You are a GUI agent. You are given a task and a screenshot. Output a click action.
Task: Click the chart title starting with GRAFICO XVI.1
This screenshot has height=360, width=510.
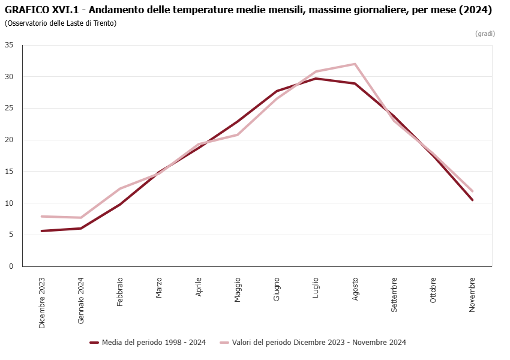pos(248,10)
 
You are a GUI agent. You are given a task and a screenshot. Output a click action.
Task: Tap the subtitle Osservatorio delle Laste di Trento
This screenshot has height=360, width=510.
pos(61,23)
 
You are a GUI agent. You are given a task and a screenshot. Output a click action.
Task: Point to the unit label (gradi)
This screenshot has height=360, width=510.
pos(485,34)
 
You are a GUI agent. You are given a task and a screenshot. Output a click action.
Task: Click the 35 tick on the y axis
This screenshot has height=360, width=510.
pos(10,45)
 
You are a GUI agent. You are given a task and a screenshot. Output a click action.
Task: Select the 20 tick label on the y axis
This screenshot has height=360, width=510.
pos(10,140)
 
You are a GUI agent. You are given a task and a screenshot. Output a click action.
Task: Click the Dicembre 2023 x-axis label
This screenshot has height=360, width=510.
pos(42,303)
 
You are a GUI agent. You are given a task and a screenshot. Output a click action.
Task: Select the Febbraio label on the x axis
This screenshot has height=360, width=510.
pos(120,292)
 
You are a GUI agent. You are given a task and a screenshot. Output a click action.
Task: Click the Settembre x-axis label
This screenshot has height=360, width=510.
pos(394,295)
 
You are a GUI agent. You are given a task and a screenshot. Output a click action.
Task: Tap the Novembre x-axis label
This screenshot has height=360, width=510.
pos(472,294)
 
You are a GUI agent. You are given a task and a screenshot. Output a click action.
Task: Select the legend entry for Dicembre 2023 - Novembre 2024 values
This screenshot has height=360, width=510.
pos(313,343)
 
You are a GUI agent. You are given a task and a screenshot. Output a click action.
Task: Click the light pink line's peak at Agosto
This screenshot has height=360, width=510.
pos(355,64)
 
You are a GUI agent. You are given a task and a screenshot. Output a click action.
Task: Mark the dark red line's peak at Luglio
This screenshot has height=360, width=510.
pos(316,79)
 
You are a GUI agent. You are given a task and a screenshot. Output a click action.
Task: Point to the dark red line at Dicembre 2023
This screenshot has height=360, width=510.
pos(42,231)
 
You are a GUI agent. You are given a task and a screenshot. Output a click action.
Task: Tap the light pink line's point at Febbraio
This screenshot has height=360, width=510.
pos(120,188)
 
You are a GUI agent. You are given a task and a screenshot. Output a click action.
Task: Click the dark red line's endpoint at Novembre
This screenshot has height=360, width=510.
pos(473,200)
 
